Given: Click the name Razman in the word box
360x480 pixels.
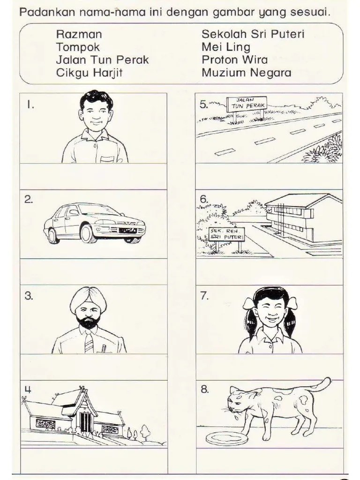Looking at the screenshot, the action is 79,34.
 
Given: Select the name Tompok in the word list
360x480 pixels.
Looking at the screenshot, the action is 78,47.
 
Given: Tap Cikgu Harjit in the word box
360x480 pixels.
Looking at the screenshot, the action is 89,73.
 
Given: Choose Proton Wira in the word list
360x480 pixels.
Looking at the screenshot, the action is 234,60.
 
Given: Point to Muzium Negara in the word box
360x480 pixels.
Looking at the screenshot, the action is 247,73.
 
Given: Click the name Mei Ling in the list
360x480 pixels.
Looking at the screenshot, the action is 226,47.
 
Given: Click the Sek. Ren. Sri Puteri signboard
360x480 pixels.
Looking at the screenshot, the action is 226,234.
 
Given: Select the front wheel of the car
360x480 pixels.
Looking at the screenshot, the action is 87,233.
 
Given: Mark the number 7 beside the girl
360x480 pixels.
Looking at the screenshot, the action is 204,296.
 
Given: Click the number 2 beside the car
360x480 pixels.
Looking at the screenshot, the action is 29,200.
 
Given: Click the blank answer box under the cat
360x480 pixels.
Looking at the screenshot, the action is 270,461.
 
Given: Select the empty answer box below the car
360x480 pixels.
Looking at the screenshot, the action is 94,271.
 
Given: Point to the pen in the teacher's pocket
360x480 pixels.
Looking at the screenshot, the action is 104,348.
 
